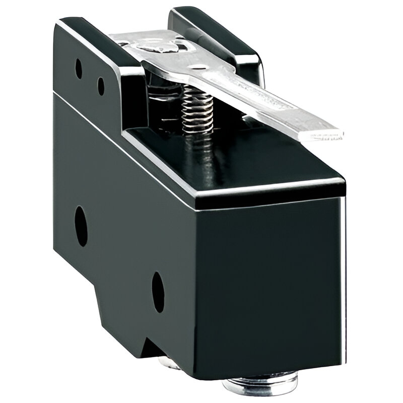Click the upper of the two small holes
pos(78,68)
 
